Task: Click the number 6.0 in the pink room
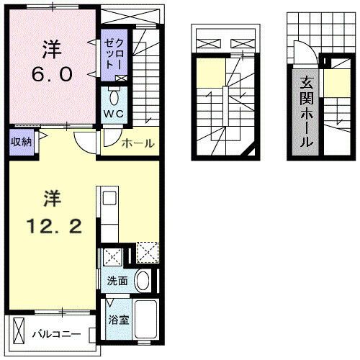coord(53,73)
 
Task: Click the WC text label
coord(113,114)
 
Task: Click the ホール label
coord(138,143)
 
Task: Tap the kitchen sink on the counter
coord(109,199)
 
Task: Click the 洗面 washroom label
coord(118,280)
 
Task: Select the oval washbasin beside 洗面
coord(143,280)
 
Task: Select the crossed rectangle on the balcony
coord(19,333)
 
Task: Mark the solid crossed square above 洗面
coord(112,257)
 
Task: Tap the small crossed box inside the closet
coord(120,78)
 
